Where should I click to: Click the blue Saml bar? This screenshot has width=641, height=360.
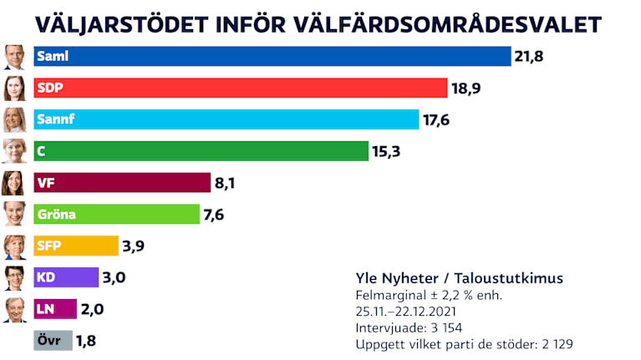272,56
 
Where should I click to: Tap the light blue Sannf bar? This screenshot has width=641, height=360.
226,119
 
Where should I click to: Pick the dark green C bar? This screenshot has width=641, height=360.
201,151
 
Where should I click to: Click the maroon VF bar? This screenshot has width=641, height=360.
122,183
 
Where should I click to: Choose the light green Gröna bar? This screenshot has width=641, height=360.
117,215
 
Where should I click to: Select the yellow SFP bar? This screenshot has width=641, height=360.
76,246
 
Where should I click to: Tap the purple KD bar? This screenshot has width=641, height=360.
66,277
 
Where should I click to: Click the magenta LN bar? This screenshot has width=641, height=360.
55,309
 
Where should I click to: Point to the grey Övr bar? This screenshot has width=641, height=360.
53,340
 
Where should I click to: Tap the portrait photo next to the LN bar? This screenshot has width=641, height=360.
14,309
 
